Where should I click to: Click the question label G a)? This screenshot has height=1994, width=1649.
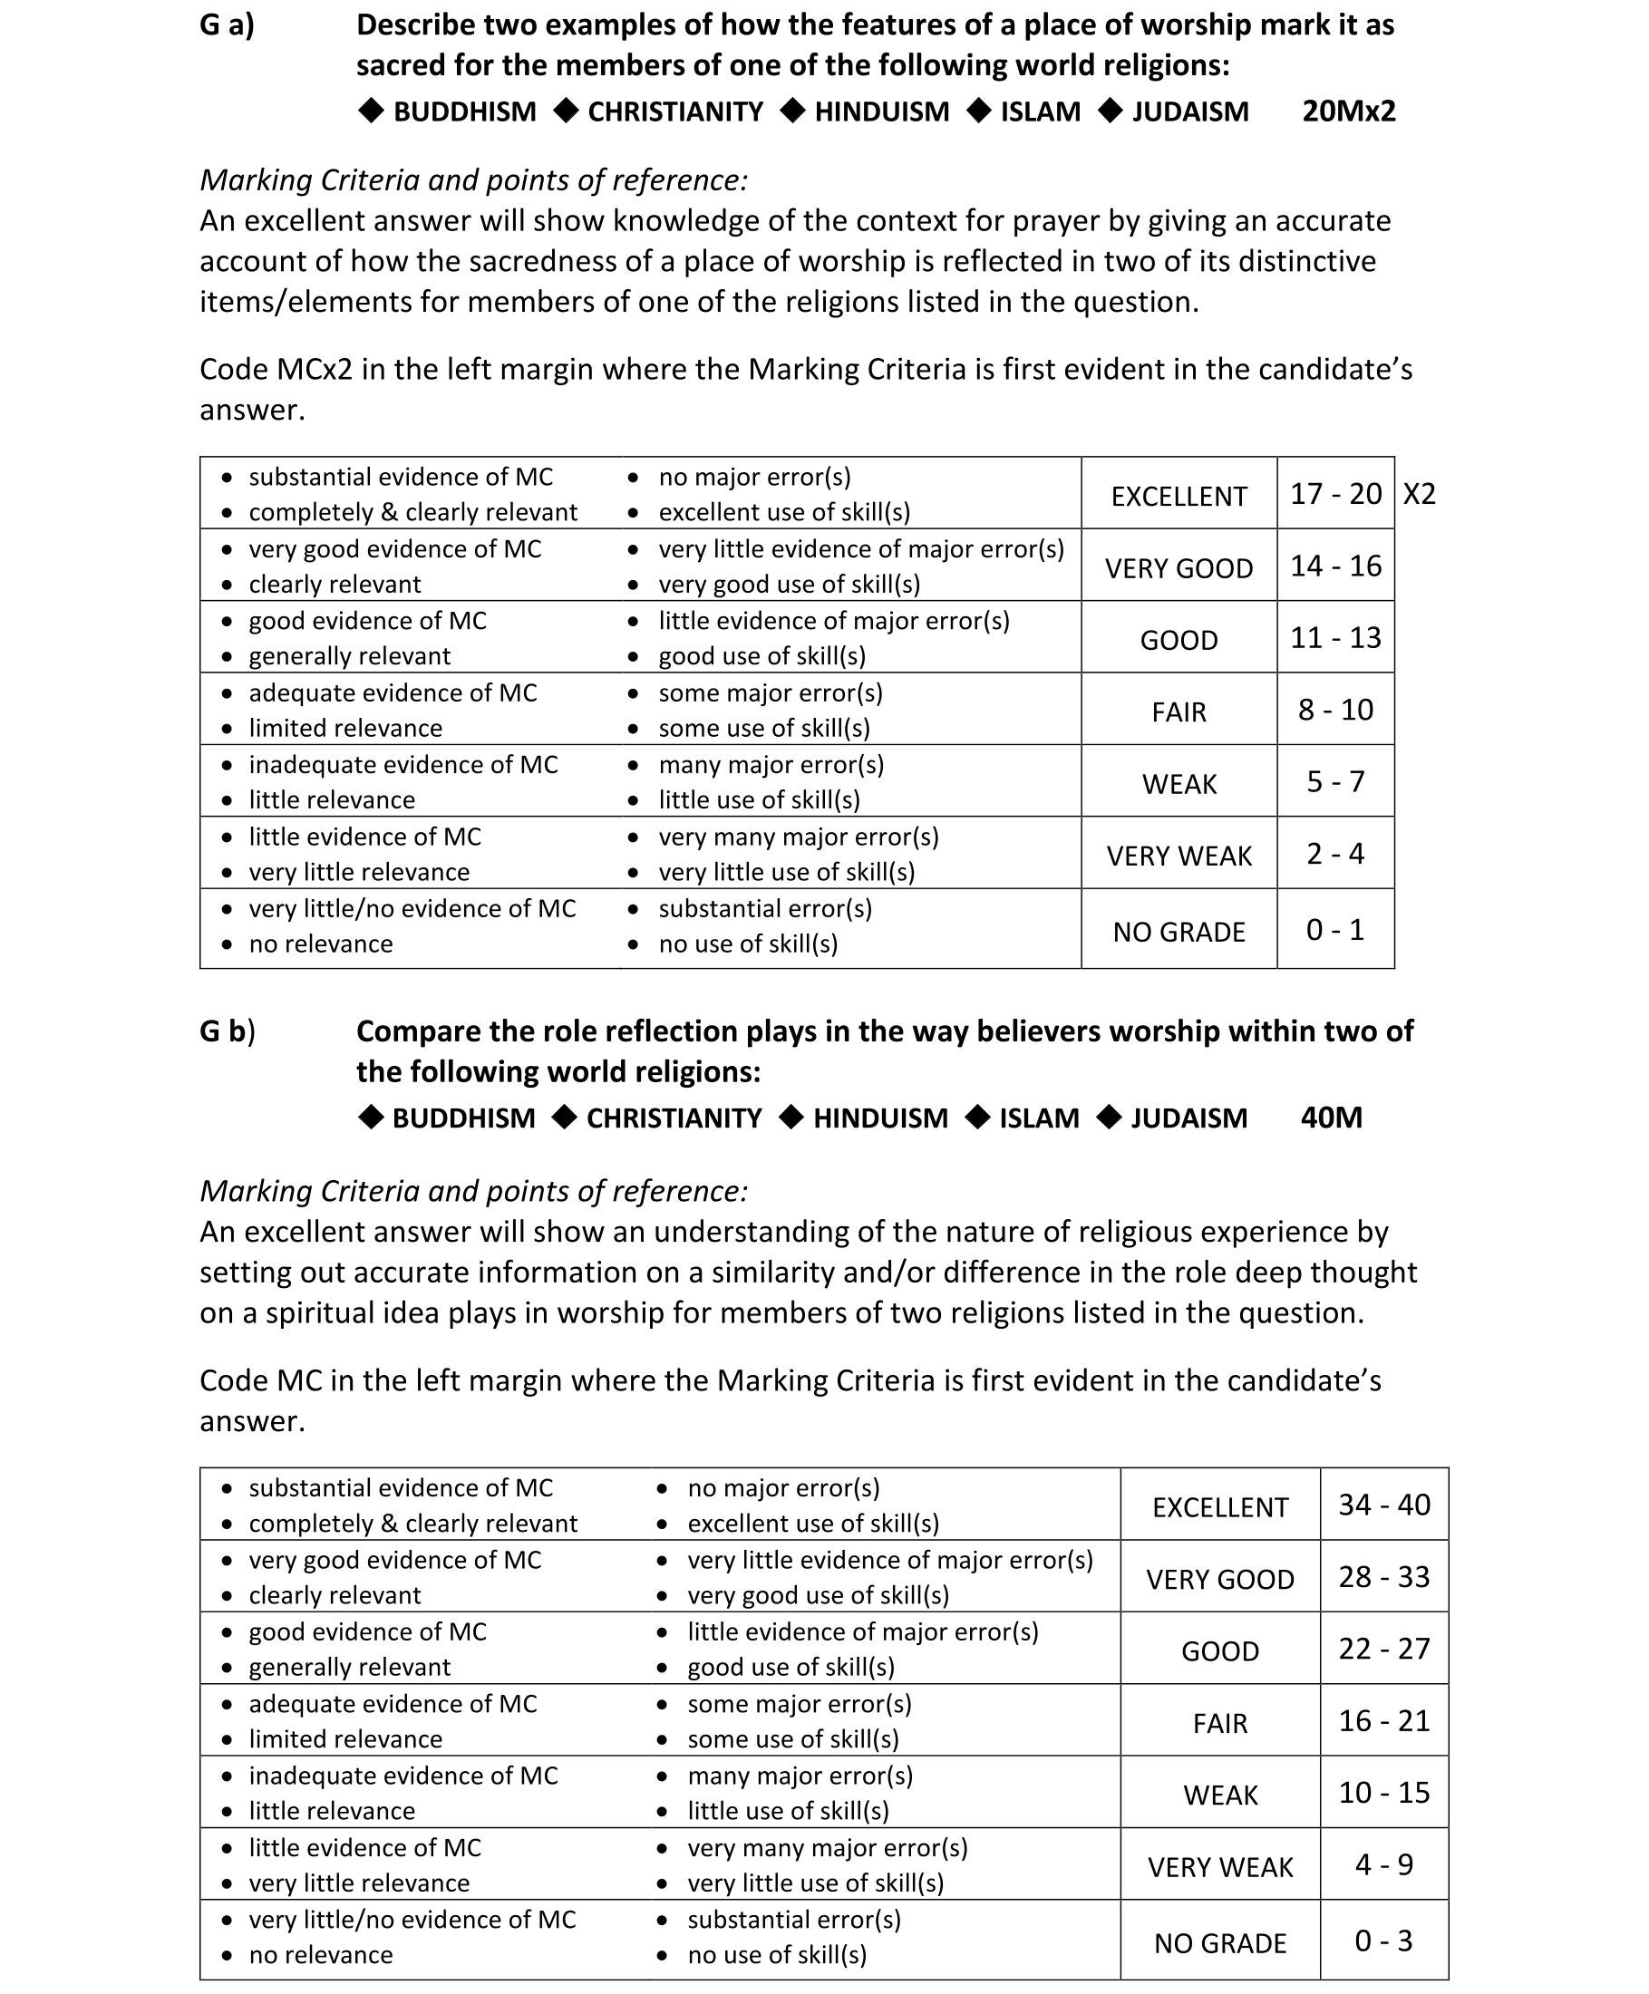[x=226, y=25]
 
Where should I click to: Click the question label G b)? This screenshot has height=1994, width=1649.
[x=227, y=1031]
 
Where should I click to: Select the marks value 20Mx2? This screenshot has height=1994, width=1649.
[x=1348, y=112]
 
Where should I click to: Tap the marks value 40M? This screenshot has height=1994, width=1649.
[x=1330, y=1118]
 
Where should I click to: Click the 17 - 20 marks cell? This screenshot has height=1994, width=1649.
[x=1334, y=495]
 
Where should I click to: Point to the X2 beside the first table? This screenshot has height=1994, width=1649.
[x=1418, y=495]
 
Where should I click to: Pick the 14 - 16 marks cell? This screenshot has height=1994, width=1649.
[x=1334, y=566]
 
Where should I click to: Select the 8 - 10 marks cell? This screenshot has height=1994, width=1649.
[x=1334, y=711]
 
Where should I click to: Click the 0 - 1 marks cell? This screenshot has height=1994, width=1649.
[x=1334, y=931]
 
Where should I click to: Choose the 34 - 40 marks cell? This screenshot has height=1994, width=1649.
[x=1383, y=1505]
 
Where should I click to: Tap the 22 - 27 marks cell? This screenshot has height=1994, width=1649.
[x=1383, y=1650]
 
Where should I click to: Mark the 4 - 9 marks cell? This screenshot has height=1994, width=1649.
[x=1383, y=1865]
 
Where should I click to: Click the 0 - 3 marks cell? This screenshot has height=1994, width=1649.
[x=1383, y=1941]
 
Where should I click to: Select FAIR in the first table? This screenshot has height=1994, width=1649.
[x=1178, y=712]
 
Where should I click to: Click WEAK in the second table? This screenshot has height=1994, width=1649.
[x=1219, y=1795]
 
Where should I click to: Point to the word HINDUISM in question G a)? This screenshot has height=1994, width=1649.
[x=880, y=112]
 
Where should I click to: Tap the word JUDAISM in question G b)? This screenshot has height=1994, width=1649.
[x=1188, y=1118]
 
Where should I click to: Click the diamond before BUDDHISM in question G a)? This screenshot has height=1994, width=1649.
[x=371, y=111]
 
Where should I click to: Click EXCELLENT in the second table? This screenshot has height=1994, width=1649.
[x=1219, y=1508]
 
